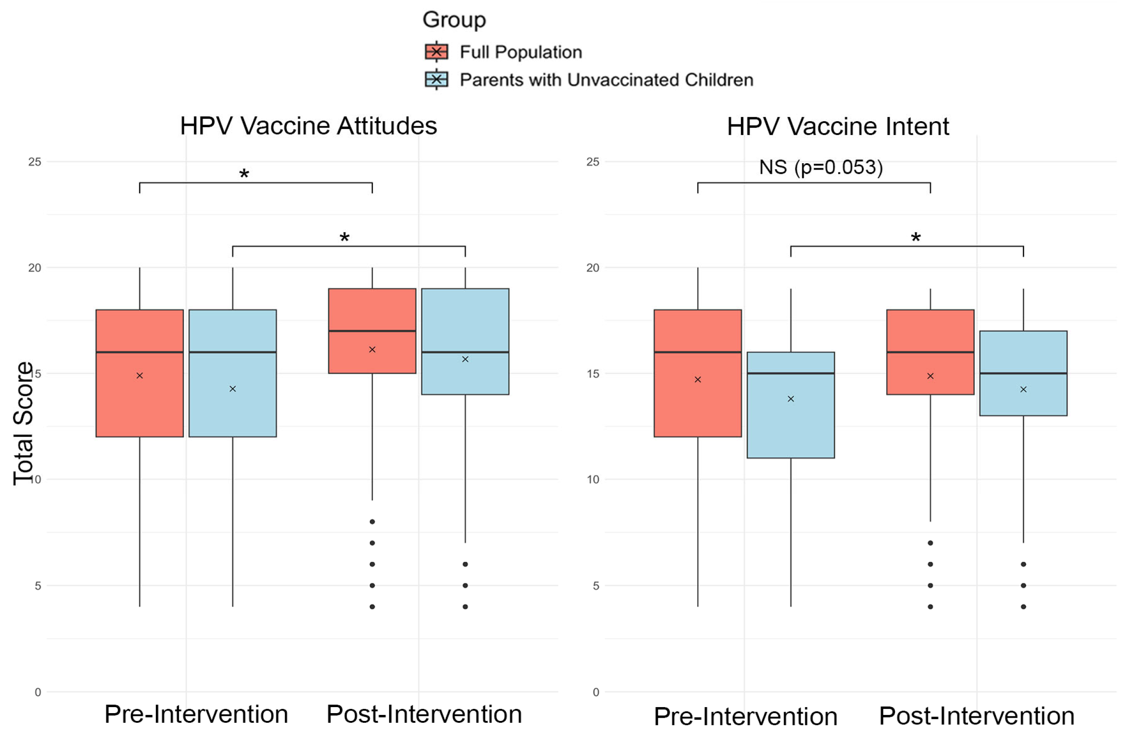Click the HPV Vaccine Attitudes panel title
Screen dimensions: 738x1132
coord(308,126)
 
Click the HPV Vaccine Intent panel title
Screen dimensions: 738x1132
coord(837,126)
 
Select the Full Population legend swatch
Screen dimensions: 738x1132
coord(436,52)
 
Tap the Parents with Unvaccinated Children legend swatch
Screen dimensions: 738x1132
coord(436,79)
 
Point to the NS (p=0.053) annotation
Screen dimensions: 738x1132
coord(820,167)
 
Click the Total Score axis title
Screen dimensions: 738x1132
coord(23,423)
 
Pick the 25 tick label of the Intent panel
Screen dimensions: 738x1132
coord(593,162)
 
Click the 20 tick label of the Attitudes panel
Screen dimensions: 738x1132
coord(34,268)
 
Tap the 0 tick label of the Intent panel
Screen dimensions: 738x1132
coord(595,692)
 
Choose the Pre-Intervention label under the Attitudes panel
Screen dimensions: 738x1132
coord(196,714)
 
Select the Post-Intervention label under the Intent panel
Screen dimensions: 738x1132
coord(977,716)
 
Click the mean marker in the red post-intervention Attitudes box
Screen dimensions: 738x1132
coord(372,349)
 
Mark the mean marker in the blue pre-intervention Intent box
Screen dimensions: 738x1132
coord(790,399)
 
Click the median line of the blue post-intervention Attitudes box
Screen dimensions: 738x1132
coord(465,352)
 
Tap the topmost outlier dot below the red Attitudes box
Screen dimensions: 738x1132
coord(372,522)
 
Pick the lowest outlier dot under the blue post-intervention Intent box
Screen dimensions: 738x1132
coord(1023,607)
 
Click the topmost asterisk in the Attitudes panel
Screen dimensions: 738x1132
coord(244,175)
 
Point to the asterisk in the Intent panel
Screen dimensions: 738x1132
coord(916,238)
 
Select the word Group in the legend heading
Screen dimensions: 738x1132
coord(454,19)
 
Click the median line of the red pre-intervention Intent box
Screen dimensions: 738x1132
coord(697,352)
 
